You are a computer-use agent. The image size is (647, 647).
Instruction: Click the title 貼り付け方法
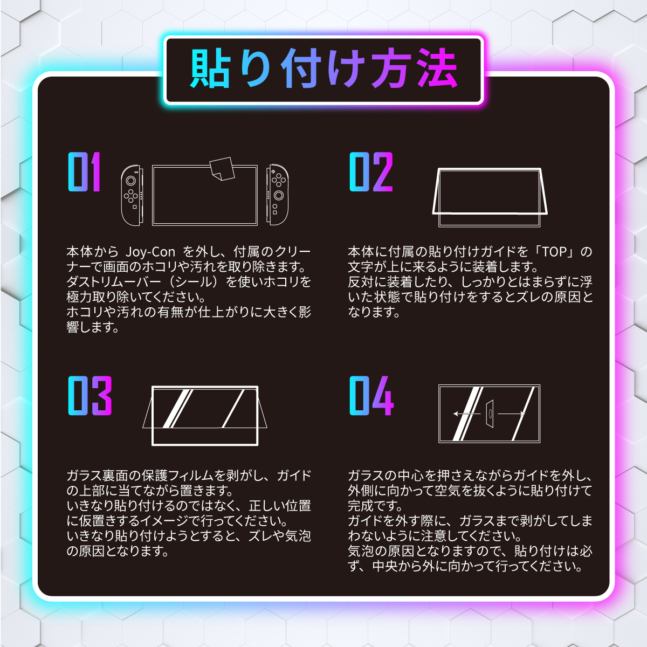point(323,68)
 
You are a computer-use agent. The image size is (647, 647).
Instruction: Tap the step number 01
point(85,171)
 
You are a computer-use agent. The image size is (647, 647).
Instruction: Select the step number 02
point(371,171)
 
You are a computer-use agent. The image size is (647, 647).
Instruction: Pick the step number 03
point(90,396)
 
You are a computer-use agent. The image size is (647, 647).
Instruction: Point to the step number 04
point(371,396)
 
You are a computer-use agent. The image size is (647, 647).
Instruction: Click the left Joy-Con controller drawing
point(132,195)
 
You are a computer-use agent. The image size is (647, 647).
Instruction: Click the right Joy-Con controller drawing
point(277,195)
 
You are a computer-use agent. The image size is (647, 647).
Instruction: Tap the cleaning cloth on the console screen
point(222,169)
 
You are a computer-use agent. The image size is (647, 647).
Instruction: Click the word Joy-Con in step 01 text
point(150,251)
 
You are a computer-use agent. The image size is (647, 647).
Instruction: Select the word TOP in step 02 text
point(554,251)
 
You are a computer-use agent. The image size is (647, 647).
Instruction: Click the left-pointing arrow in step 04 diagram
point(467,414)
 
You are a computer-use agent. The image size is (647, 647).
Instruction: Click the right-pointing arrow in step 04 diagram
point(511,414)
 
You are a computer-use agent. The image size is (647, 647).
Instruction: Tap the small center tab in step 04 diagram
point(490,414)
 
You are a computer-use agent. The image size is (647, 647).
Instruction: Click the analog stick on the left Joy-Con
point(130,181)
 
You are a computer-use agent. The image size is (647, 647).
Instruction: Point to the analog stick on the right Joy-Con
point(279,195)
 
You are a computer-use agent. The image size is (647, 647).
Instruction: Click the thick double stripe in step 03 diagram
point(177,409)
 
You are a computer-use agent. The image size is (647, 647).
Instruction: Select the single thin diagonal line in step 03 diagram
point(233,409)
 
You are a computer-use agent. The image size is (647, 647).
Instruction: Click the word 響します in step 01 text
point(93,327)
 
